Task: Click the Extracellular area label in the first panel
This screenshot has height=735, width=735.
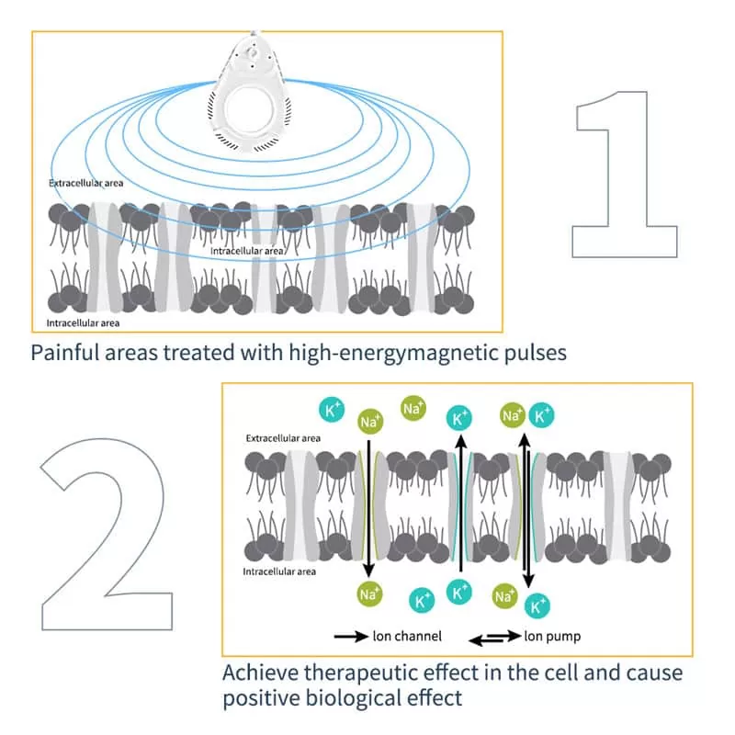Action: pos(85,183)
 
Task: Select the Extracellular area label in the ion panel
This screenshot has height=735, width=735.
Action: pos(283,438)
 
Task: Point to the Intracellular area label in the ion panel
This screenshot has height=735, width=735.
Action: pos(279,571)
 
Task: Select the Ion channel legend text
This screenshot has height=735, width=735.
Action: pos(407,636)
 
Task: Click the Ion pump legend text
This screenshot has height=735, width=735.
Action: pos(552,637)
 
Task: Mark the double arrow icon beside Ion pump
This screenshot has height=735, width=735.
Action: pos(495,637)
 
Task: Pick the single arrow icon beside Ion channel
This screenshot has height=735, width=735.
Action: pos(351,637)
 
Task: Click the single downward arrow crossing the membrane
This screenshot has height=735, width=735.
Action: pos(369,508)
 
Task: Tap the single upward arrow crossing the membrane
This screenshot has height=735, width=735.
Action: pos(461,503)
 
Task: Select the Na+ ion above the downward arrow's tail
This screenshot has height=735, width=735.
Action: pos(370,421)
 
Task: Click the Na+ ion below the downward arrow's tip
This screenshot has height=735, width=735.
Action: pos(370,594)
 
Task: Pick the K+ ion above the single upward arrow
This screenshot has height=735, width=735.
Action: pos(458,418)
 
